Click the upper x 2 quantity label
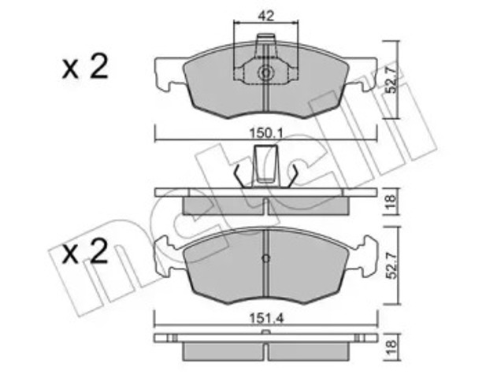point(85,69)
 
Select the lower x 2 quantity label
point(85,254)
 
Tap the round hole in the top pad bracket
point(266,75)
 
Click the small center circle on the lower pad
point(266,259)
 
